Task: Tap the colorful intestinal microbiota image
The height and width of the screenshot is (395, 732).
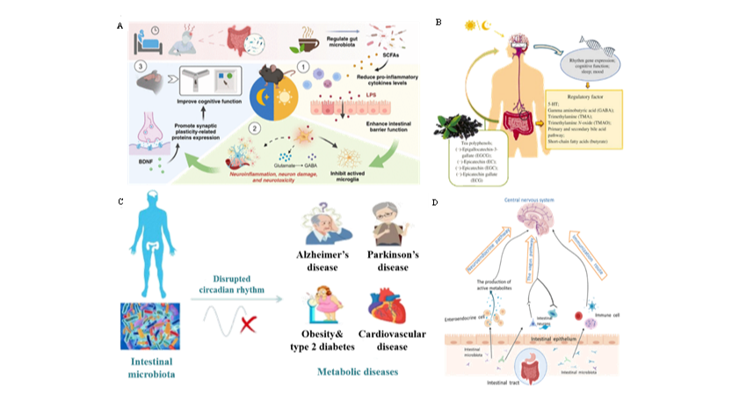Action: [149, 325]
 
